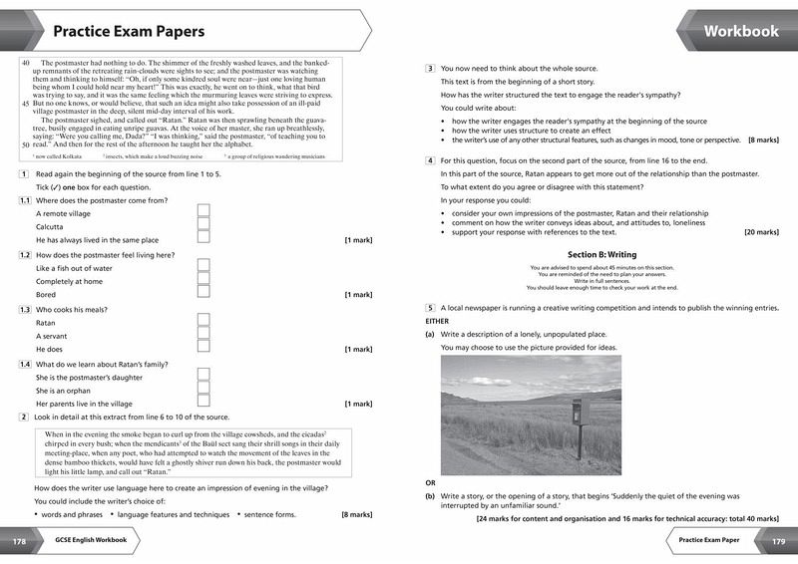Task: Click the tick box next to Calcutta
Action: pyautogui.click(x=203, y=225)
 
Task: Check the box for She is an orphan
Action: pyautogui.click(x=203, y=390)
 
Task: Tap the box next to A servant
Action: pyautogui.click(x=203, y=336)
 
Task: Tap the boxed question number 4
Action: pyautogui.click(x=430, y=160)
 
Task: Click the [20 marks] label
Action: pyautogui.click(x=761, y=232)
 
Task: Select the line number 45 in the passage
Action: pyautogui.click(x=25, y=104)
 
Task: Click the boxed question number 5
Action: pyautogui.click(x=430, y=308)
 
